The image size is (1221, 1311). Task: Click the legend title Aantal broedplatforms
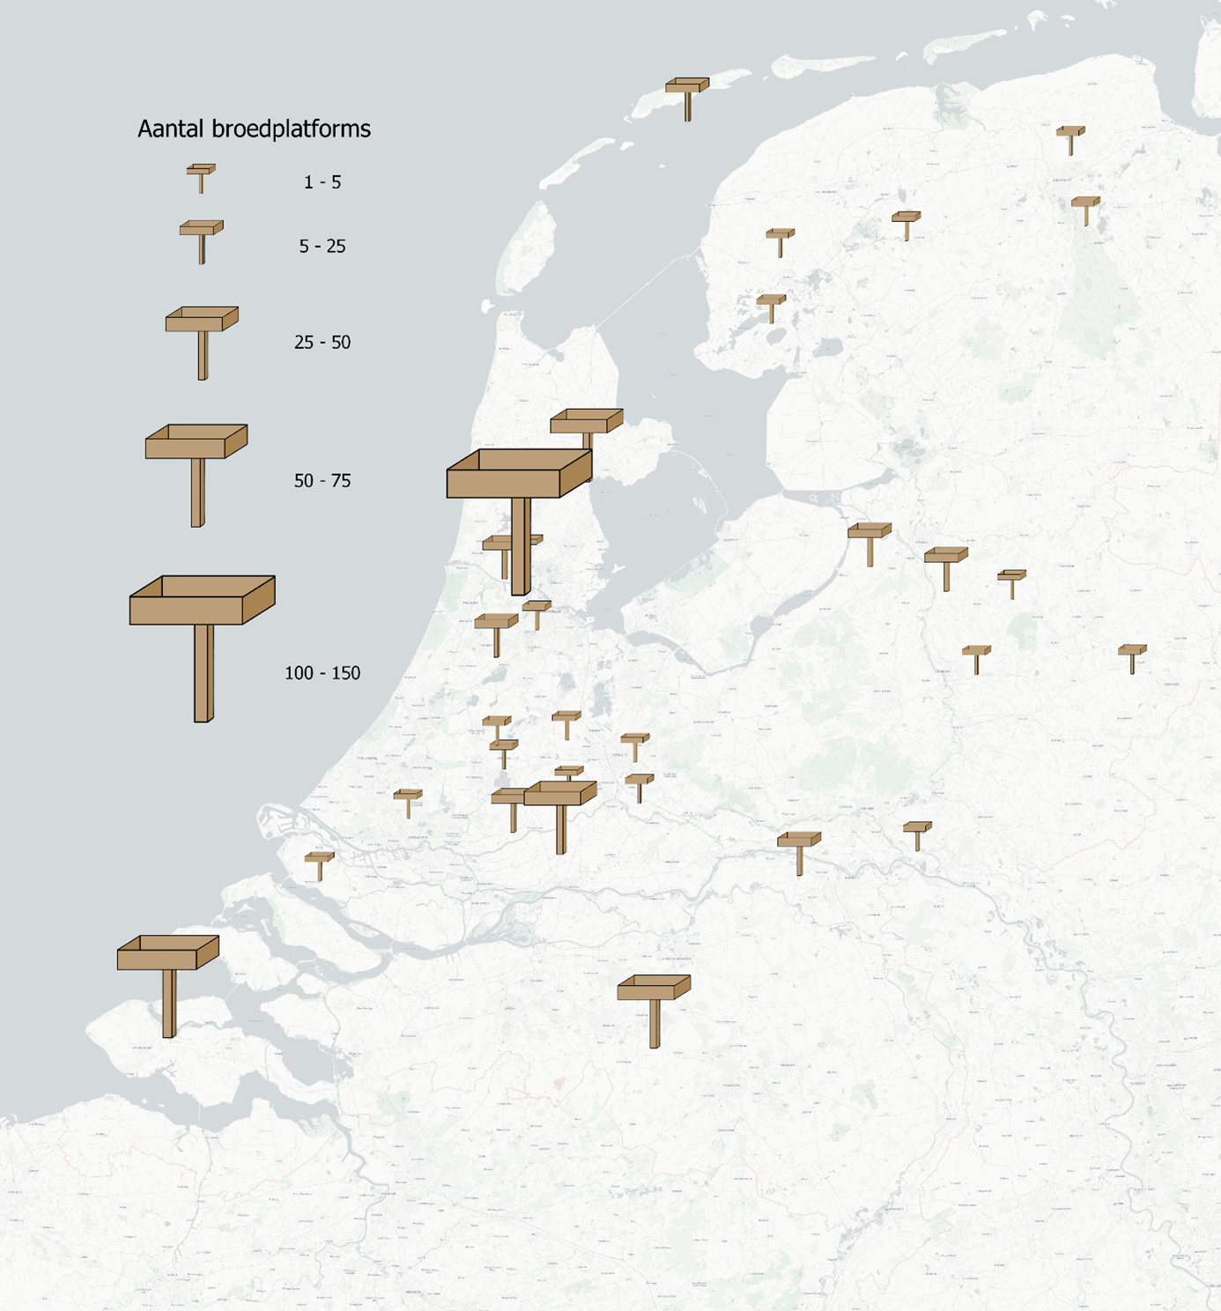[254, 129]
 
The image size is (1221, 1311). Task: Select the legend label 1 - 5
[322, 182]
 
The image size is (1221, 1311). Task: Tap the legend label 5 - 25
[322, 247]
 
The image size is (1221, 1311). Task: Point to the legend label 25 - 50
[322, 343]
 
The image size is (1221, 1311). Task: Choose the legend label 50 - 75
[322, 481]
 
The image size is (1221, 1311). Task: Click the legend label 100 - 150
[322, 673]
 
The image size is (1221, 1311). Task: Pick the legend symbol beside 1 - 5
[201, 175]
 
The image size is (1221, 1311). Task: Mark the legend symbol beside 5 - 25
[202, 238]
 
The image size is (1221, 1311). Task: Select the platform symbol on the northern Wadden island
[687, 95]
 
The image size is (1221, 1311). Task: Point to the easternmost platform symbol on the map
[1132, 656]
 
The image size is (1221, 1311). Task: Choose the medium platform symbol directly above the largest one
[587, 425]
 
